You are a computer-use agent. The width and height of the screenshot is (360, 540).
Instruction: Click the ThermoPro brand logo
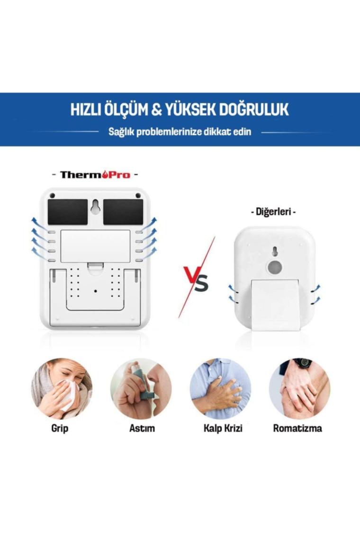tap(95, 175)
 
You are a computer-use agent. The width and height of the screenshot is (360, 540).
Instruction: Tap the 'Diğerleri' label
tap(273, 211)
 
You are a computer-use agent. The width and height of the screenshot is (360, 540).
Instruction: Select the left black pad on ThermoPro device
tap(68, 211)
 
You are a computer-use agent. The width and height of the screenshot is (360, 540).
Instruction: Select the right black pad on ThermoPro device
tap(123, 211)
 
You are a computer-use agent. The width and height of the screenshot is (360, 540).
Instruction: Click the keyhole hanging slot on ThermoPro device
tap(95, 207)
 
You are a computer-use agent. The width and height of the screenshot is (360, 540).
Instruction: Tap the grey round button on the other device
tap(275, 267)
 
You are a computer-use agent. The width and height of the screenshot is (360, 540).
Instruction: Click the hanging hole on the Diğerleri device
tap(275, 252)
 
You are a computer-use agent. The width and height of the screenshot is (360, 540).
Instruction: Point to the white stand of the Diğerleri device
tap(275, 305)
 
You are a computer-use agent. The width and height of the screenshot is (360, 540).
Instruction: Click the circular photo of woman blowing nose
tap(62, 388)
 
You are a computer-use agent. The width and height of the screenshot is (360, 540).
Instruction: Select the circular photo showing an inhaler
tap(141, 388)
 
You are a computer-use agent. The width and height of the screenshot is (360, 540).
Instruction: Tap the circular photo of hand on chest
tap(220, 388)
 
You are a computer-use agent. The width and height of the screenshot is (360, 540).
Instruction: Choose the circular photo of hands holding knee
tap(300, 388)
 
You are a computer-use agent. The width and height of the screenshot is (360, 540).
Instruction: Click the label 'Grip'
tap(60, 429)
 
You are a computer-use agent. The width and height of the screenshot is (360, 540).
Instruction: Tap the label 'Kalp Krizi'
tap(223, 428)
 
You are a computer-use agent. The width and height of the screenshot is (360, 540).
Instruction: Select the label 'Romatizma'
tap(297, 428)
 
